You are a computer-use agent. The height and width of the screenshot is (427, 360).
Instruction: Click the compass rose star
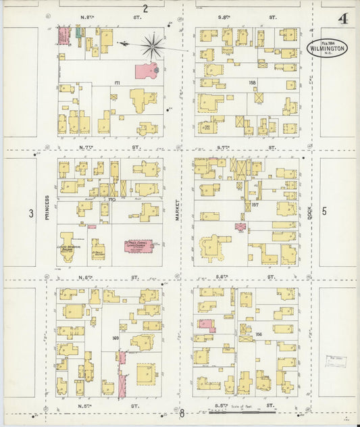pyautogui.click(x=153, y=46)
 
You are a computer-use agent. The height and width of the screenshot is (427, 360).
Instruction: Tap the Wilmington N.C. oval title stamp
pyautogui.click(x=328, y=47)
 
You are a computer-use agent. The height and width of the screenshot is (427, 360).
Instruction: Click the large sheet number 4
pyautogui.click(x=343, y=19)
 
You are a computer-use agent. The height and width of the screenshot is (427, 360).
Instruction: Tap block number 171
pyautogui.click(x=117, y=83)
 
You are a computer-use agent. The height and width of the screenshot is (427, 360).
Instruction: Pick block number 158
pyautogui.click(x=253, y=83)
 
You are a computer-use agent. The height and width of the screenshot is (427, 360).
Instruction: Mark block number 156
pyautogui.click(x=257, y=334)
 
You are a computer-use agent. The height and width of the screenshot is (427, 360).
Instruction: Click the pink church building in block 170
pyautogui.click(x=138, y=246)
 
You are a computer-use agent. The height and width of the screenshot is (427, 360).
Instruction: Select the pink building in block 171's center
pyautogui.click(x=146, y=70)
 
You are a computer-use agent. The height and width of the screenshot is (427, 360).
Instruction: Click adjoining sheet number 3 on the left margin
pyautogui.click(x=30, y=214)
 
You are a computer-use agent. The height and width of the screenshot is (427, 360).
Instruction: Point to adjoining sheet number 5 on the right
pyautogui.click(x=324, y=211)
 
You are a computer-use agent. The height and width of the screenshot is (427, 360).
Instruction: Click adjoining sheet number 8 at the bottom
pyautogui.click(x=181, y=413)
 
